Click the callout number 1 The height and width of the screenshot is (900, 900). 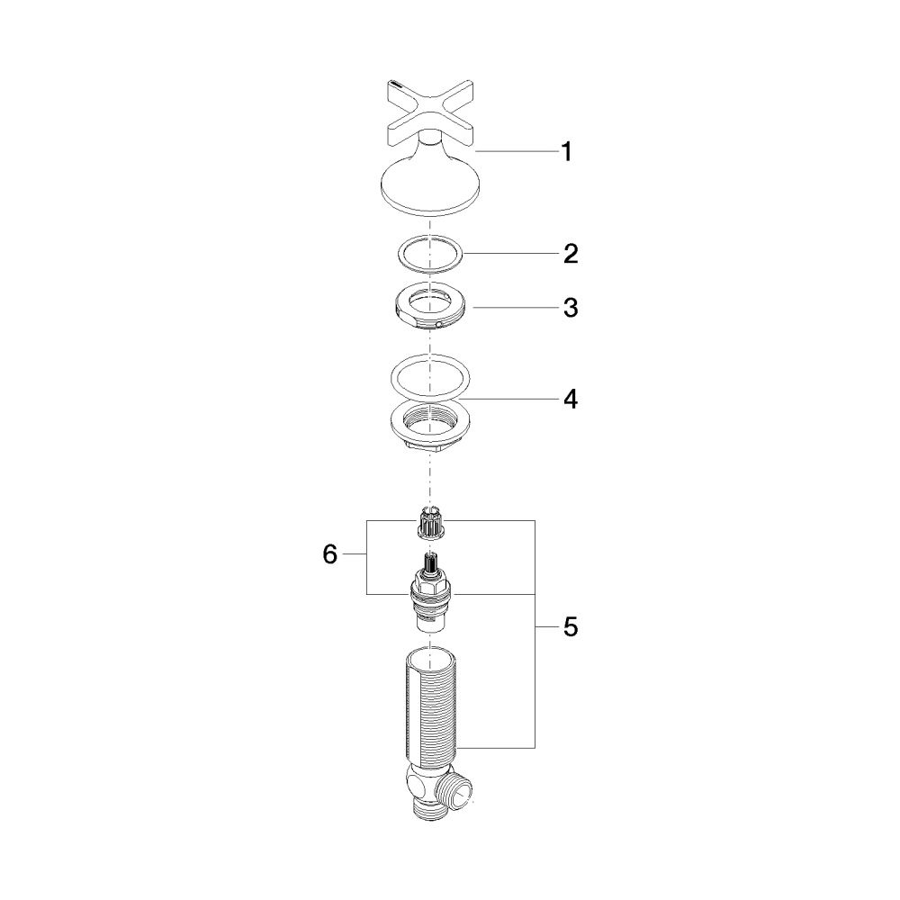[x=566, y=152]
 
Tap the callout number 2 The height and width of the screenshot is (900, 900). [x=570, y=254]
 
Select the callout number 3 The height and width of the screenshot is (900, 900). [x=570, y=308]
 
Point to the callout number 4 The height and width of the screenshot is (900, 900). [x=570, y=399]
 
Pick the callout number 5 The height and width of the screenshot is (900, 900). [x=570, y=627]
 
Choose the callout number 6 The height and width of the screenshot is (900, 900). [x=329, y=554]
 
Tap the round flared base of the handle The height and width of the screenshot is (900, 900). [x=430, y=185]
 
